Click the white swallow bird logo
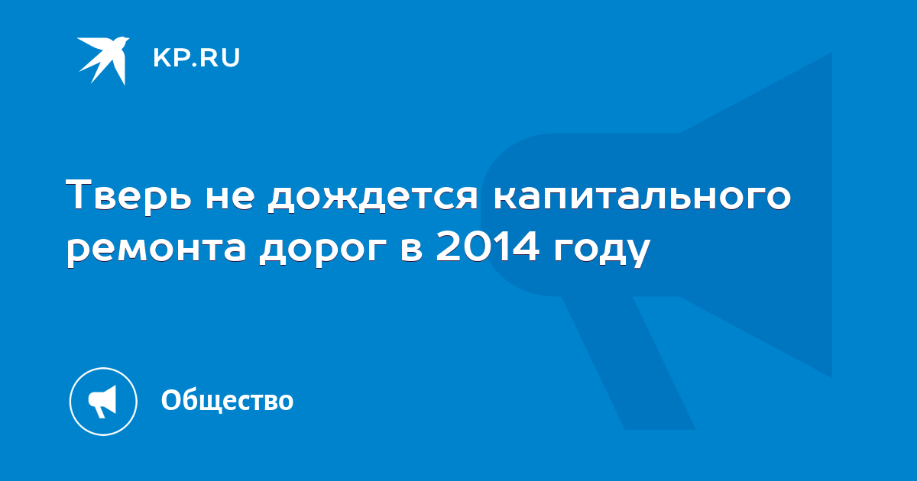[x=102, y=60]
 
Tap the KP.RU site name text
[x=196, y=58]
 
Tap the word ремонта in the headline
[x=157, y=250]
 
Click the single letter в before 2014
[x=411, y=249]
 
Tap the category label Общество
[x=227, y=401]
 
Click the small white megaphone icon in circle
[x=103, y=402]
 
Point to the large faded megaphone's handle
[x=628, y=363]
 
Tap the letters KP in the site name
[x=170, y=58]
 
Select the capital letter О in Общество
[x=171, y=400]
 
